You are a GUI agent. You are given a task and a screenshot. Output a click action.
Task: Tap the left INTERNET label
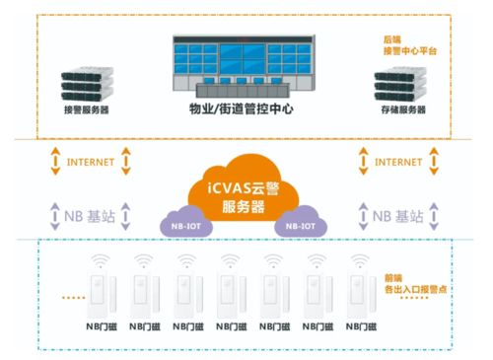click(x=91, y=160)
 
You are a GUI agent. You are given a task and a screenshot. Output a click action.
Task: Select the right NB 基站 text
click(x=398, y=214)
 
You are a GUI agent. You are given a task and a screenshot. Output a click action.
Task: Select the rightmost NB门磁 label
click(x=363, y=324)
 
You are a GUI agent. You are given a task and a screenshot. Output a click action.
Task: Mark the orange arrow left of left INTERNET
click(x=55, y=161)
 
